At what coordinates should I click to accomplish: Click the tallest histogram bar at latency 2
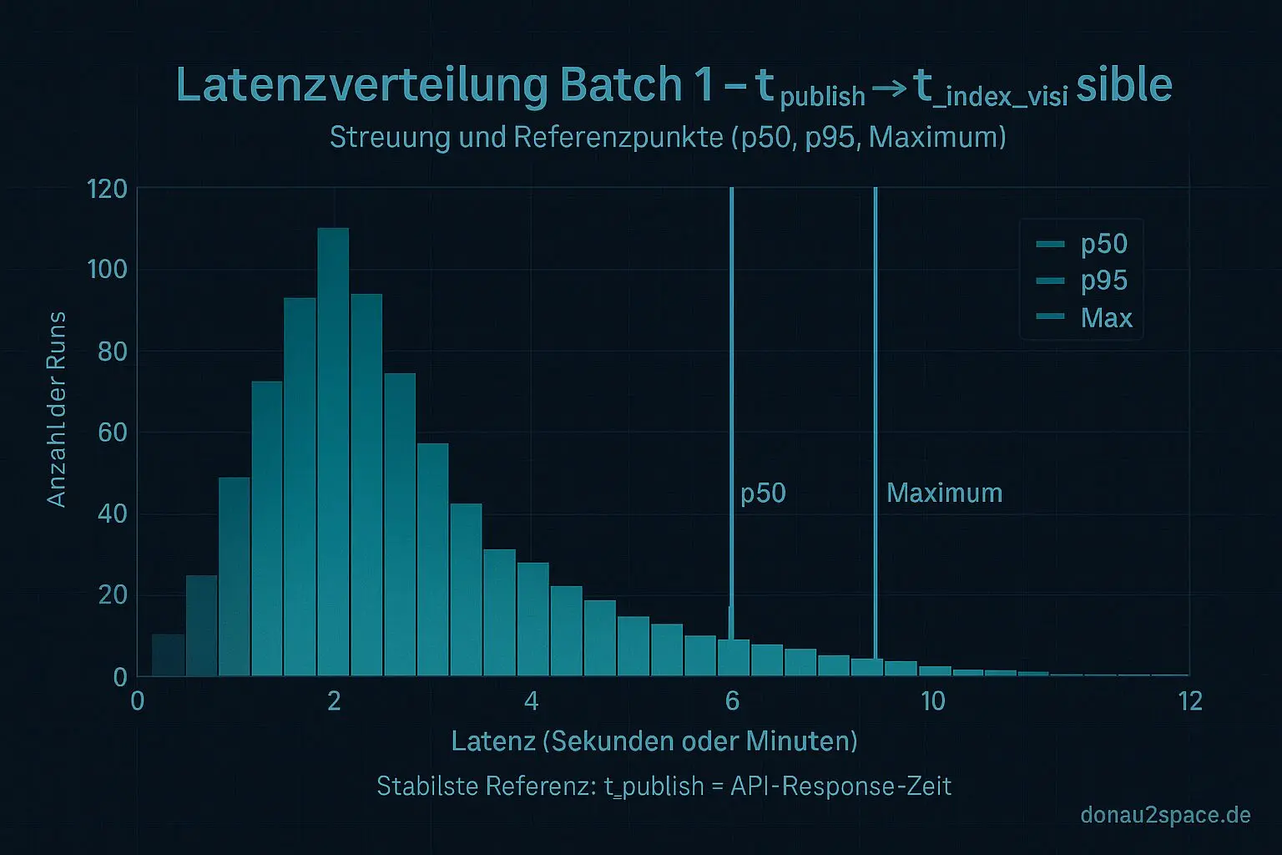pyautogui.click(x=333, y=451)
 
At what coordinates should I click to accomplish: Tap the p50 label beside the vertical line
pyautogui.click(x=763, y=493)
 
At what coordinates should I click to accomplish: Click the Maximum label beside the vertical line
pyautogui.click(x=944, y=493)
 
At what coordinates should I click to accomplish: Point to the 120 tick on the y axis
pyautogui.click(x=108, y=189)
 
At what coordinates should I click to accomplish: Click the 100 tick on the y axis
pyautogui.click(x=108, y=270)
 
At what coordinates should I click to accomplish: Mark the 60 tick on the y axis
pyautogui.click(x=112, y=433)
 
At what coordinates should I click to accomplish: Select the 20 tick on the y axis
pyautogui.click(x=112, y=595)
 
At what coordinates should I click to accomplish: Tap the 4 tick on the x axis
pyautogui.click(x=531, y=701)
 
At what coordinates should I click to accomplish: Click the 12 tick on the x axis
pyautogui.click(x=1190, y=701)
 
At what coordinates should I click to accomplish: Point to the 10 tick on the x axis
pyautogui.click(x=932, y=701)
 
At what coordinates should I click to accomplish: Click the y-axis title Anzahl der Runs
pyautogui.click(x=57, y=409)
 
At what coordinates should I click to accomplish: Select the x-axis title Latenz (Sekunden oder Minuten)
pyautogui.click(x=654, y=741)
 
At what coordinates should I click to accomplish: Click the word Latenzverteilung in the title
pyautogui.click(x=361, y=85)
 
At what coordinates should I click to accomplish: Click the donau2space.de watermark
pyautogui.click(x=1165, y=815)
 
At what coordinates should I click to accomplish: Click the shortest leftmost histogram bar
pyautogui.click(x=168, y=655)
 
